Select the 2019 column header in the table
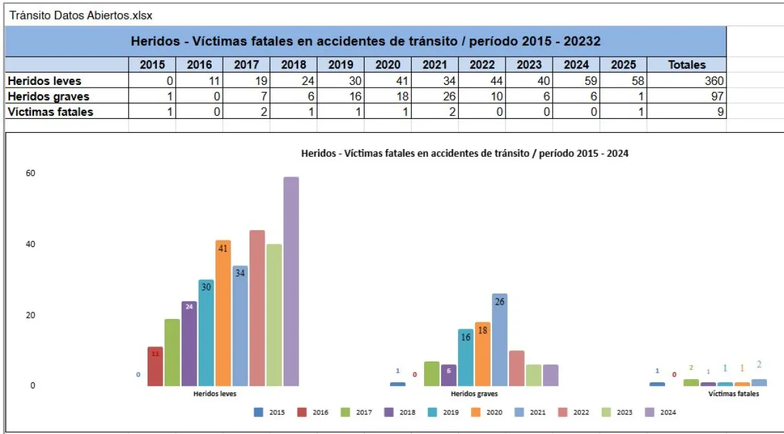click(340, 65)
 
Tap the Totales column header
click(687, 65)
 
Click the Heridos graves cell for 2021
click(434, 97)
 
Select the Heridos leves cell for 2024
click(576, 81)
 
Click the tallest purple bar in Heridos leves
click(291, 281)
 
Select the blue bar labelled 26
click(500, 339)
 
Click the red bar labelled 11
click(155, 366)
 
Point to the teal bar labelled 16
click(466, 357)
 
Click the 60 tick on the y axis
click(31, 173)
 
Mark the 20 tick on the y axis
click(31, 315)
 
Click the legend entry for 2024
click(661, 412)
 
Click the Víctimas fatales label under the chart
click(734, 394)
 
